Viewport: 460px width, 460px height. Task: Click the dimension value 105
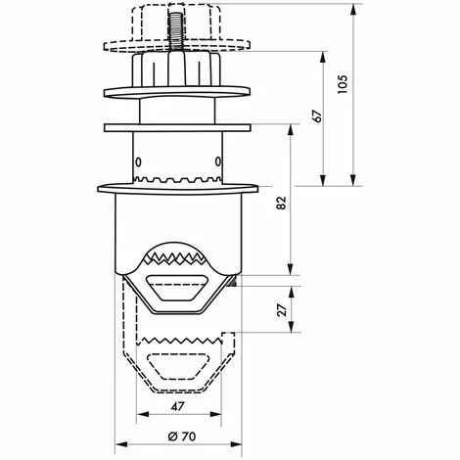343,85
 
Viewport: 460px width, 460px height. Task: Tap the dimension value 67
317,115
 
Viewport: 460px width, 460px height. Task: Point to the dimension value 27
282,309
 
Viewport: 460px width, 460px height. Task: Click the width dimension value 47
178,406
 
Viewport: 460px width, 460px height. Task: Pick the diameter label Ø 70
182,437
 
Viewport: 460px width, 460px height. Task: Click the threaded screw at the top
174,31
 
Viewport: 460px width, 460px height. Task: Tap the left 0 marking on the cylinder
138,161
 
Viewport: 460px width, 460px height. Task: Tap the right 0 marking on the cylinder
218,161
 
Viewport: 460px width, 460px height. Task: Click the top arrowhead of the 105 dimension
352,10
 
